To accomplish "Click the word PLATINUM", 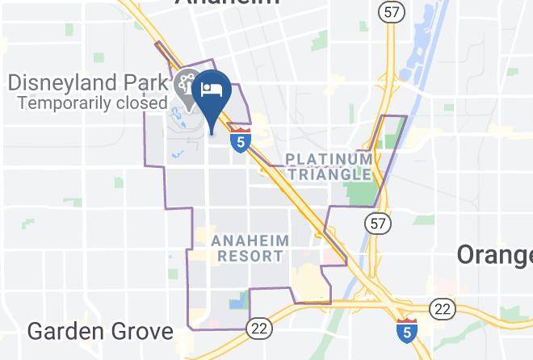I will (x=329, y=158).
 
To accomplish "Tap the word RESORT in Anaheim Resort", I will (x=250, y=256).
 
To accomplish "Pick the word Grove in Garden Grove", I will (x=148, y=331).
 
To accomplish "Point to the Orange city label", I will (x=494, y=255).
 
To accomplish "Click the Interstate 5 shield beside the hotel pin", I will (x=239, y=140).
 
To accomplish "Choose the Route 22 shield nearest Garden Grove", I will (x=258, y=327).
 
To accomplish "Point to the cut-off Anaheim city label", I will (x=227, y=3).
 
